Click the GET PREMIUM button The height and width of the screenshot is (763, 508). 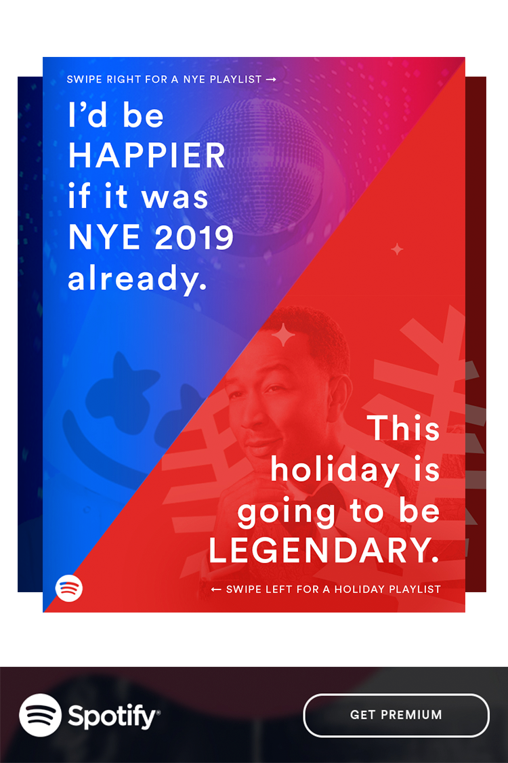(x=396, y=715)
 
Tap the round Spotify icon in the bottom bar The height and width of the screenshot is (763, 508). (x=41, y=715)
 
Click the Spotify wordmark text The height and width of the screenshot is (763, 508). (x=114, y=717)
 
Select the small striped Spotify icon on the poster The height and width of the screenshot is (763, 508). (x=68, y=587)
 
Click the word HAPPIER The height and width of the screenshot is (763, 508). (x=146, y=156)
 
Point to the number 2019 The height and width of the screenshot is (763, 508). (x=194, y=237)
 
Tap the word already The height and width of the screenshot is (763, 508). (x=137, y=279)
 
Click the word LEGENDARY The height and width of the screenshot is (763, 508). (x=324, y=550)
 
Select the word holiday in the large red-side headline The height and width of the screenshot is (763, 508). (x=335, y=470)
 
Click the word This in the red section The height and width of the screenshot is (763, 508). (x=405, y=428)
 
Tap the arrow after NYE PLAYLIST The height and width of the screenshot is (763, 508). (x=272, y=79)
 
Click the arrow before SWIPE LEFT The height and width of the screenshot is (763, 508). (x=216, y=590)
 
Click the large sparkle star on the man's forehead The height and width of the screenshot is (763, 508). (x=283, y=335)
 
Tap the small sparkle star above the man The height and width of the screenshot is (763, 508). (x=397, y=249)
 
